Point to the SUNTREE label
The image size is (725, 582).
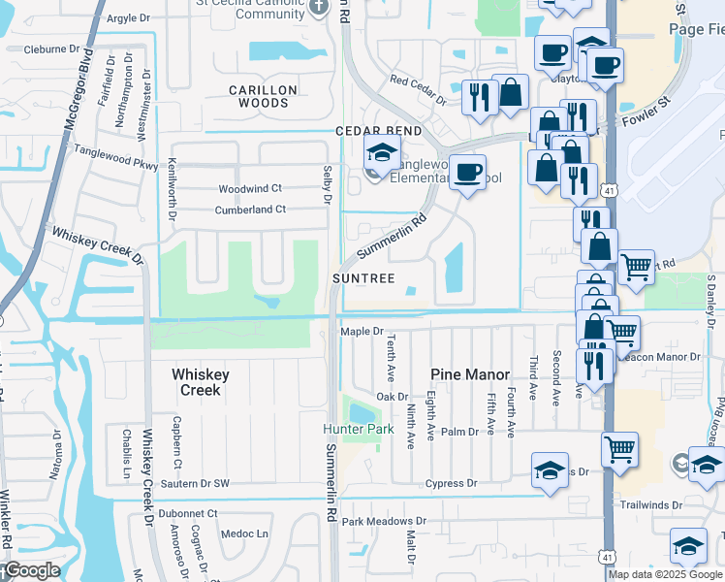coord(363,278)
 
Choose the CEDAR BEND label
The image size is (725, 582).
coord(379,131)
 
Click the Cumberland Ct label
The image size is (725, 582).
coord(250,209)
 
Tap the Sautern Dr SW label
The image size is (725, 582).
coord(195,483)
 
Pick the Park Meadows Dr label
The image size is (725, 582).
coord(378,522)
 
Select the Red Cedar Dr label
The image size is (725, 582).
coord(418,89)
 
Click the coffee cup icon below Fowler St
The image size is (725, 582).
coord(467,173)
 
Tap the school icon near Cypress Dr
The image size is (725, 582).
coord(550,470)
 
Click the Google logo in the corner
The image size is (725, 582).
coord(31,570)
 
